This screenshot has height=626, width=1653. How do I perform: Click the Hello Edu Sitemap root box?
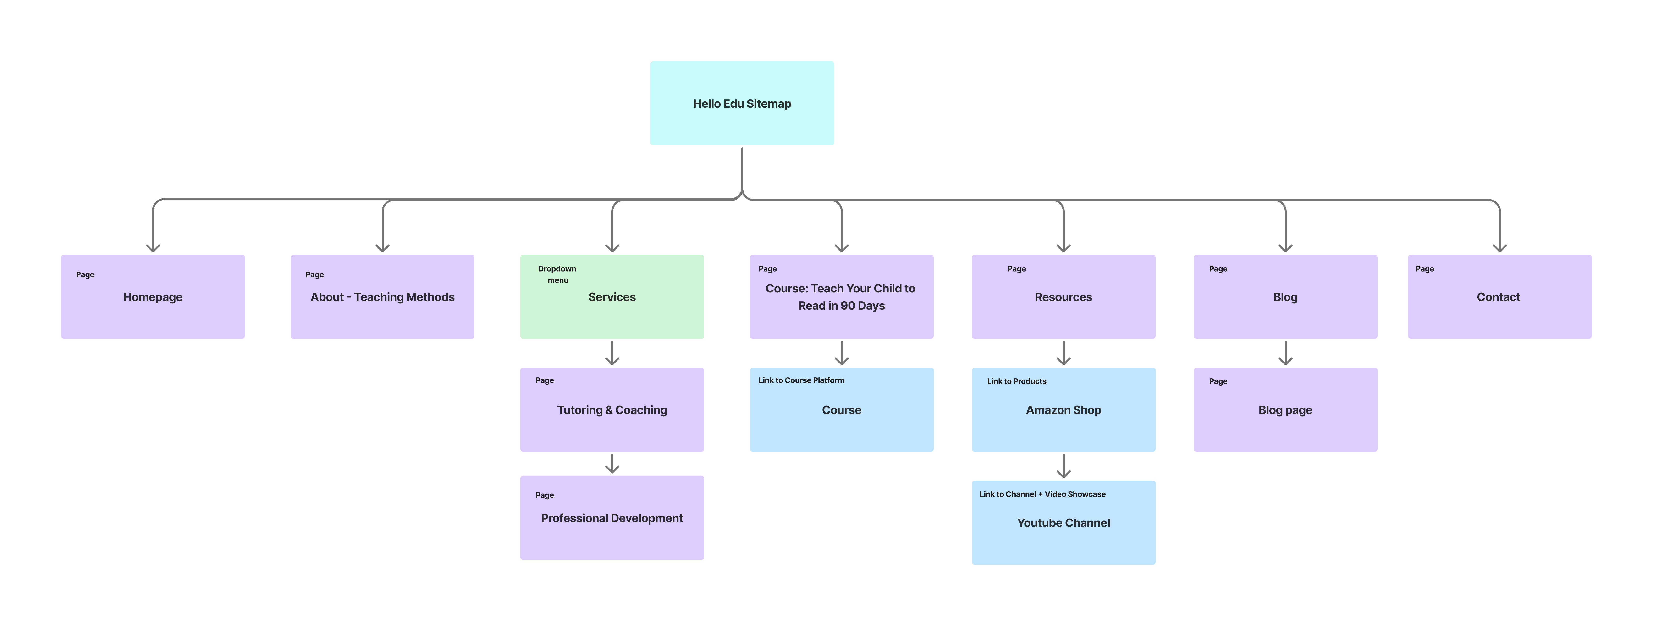pyautogui.click(x=742, y=103)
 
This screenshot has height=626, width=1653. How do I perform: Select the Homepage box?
pyautogui.click(x=153, y=297)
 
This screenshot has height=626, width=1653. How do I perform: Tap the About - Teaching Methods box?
pyautogui.click(x=382, y=297)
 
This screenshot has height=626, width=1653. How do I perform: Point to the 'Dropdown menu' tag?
pyautogui.click(x=557, y=274)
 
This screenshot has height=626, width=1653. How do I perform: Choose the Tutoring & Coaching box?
pyautogui.click(x=612, y=410)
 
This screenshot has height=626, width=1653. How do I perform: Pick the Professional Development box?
pyautogui.click(x=612, y=518)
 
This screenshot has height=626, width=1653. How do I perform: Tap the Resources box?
pyautogui.click(x=1063, y=297)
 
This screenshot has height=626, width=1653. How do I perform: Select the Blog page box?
pyautogui.click(x=1285, y=410)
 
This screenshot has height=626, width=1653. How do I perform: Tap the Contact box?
pyautogui.click(x=1499, y=297)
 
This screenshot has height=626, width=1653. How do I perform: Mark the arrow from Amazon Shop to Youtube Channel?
pyautogui.click(x=1063, y=466)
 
